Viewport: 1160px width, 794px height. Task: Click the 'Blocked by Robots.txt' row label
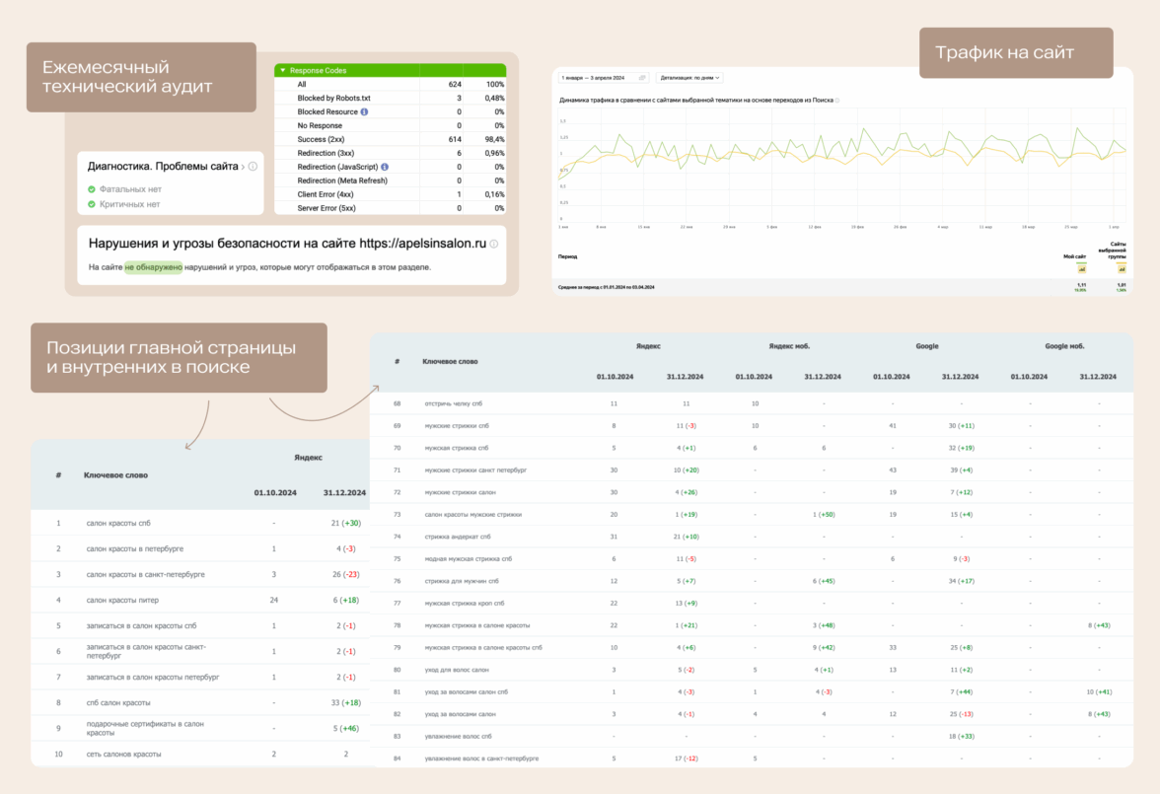[x=334, y=99]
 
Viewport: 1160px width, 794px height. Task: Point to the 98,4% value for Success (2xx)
[x=492, y=140]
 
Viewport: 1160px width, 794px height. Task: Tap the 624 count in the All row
[x=455, y=85]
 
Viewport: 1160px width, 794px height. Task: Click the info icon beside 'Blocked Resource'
[x=364, y=112]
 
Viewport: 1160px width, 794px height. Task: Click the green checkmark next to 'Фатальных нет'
[x=91, y=189]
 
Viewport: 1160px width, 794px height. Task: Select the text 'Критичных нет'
[x=129, y=204]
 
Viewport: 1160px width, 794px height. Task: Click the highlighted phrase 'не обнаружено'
[x=153, y=266]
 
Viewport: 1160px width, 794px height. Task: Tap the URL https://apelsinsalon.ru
[x=423, y=243]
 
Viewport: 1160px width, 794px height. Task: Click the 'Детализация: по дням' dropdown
[x=689, y=77]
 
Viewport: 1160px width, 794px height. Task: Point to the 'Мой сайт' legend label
[x=1074, y=256]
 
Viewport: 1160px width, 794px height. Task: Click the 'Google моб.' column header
[x=1064, y=346]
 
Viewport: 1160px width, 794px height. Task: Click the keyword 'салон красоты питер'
[x=122, y=600]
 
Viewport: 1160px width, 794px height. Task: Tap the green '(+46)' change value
[x=349, y=729]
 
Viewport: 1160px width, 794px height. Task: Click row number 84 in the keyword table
[x=398, y=758]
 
